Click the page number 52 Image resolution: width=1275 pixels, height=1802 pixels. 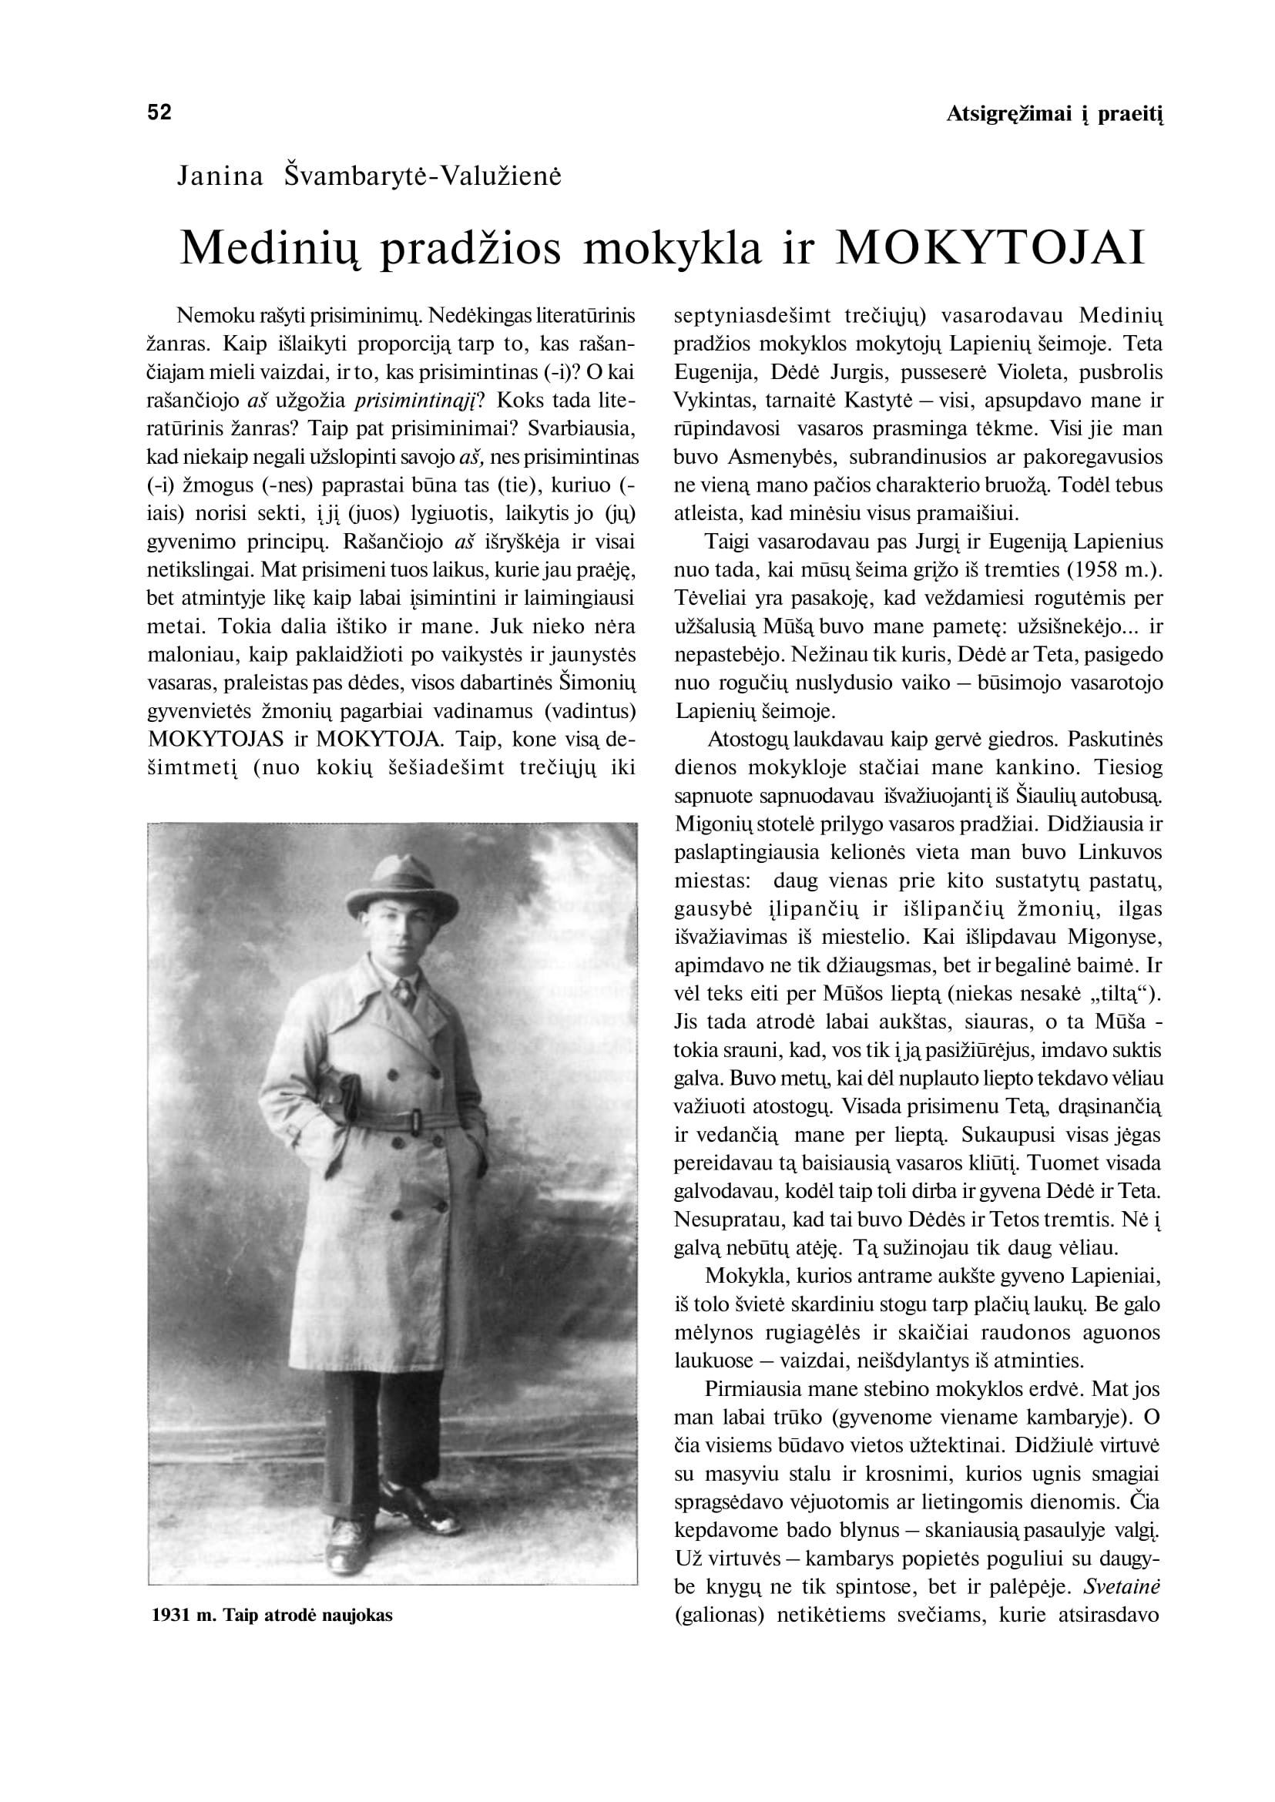tap(159, 112)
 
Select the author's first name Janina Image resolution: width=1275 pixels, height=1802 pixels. tap(220, 176)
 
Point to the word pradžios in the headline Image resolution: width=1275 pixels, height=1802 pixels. tap(470, 247)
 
